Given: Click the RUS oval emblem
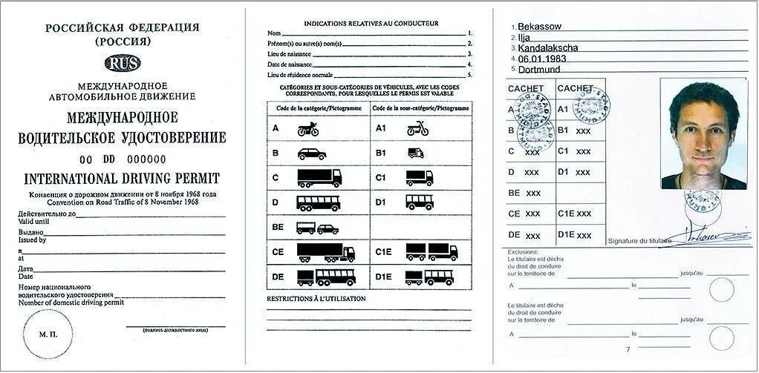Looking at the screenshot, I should point(123,63).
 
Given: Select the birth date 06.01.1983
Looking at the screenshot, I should point(541,59).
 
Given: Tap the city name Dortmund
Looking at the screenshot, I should point(539,70).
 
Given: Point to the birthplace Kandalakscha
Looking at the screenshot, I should point(548,48).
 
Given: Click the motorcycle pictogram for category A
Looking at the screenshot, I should point(308,129).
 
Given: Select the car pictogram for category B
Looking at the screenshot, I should point(312,154).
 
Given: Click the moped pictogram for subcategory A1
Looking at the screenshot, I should point(417,128).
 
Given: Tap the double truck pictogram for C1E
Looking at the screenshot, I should point(431,252).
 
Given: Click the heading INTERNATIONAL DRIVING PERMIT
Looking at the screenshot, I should point(122,179).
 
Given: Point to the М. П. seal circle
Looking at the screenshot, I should point(48,334).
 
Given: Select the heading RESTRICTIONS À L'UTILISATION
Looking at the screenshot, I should point(316,299).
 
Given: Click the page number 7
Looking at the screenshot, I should point(628,349).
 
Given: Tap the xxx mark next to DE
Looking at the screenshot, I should point(532,235).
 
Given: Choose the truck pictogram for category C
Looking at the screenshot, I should point(319,178).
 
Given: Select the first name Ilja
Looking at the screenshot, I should point(524,37).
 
